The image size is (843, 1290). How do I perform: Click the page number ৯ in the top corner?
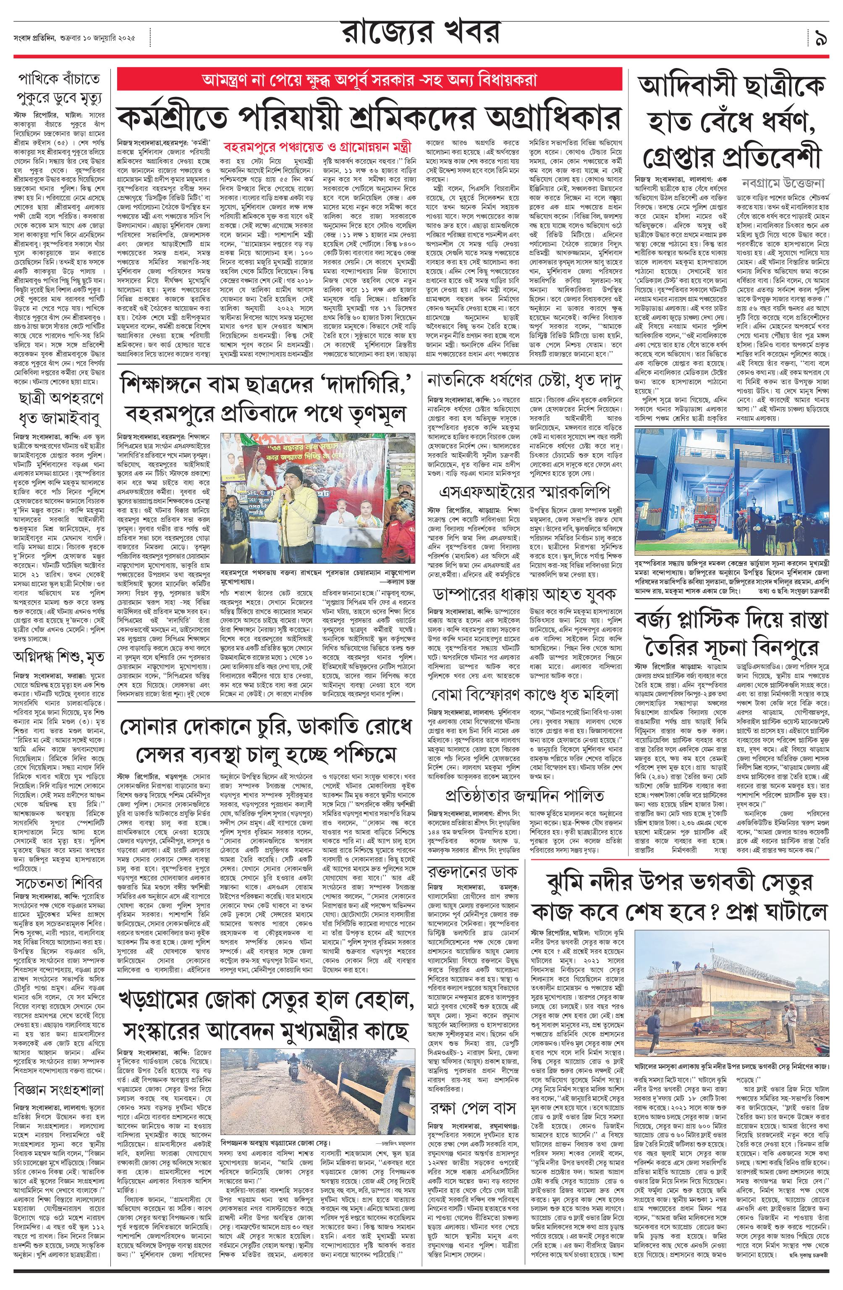tap(820, 39)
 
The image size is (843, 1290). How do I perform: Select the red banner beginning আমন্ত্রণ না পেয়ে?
tap(369, 80)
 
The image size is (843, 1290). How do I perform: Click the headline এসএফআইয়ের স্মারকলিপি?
tap(524, 492)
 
